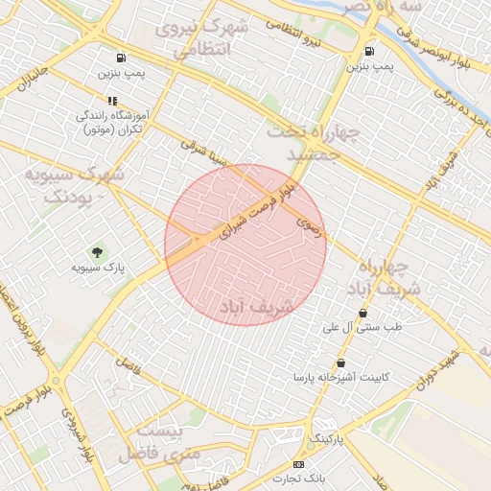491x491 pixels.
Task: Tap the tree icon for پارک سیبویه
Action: pyautogui.click(x=97, y=251)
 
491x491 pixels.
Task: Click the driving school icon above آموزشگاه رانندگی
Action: pyautogui.click(x=113, y=100)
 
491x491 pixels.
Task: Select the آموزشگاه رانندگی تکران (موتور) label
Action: pyautogui.click(x=110, y=122)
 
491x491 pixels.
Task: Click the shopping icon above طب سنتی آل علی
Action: pyautogui.click(x=362, y=313)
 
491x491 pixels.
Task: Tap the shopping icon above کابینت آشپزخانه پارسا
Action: pyautogui.click(x=340, y=362)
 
